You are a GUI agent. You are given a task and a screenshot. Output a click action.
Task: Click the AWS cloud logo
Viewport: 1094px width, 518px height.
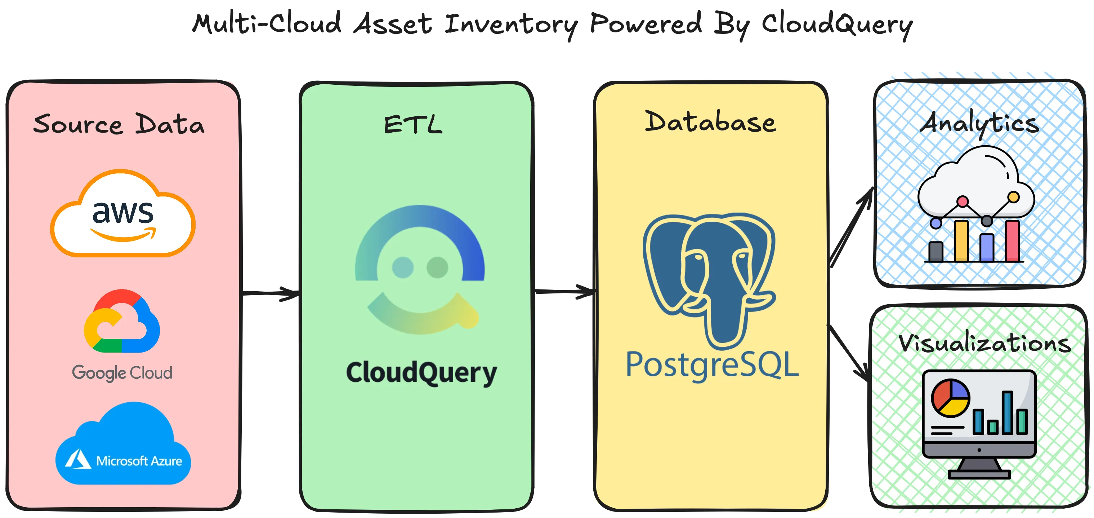pos(123,214)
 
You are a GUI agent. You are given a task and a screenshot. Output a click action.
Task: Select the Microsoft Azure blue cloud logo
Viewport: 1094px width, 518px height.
pos(123,446)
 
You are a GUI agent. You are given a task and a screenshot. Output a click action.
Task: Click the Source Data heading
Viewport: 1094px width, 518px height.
pos(119,124)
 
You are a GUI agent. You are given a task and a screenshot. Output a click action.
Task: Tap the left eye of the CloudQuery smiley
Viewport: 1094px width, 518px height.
pos(403,267)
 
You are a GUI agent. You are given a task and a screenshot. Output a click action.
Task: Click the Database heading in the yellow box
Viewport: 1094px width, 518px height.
pos(710,123)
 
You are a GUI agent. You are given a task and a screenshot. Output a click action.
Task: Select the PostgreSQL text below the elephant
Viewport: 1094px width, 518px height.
pos(712,364)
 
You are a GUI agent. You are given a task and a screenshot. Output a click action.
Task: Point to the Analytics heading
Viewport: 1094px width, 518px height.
pos(979,123)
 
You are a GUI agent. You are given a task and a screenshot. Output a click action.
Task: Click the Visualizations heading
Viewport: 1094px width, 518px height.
pos(984,343)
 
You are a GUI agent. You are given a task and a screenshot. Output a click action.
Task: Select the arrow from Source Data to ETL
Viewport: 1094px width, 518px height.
pos(270,293)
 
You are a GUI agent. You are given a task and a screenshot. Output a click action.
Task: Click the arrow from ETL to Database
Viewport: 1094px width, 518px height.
pos(564,291)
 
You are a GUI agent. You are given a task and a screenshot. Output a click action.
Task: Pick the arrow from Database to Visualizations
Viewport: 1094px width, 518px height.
pos(849,353)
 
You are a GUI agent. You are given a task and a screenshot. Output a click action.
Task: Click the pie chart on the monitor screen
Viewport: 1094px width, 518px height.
pos(951,398)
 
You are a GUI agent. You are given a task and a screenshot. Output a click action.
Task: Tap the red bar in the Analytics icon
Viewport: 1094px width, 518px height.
pos(1013,241)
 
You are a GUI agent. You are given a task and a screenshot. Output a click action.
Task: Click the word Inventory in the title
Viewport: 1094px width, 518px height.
pos(511,24)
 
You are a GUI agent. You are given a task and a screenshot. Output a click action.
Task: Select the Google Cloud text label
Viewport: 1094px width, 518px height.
pos(122,373)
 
